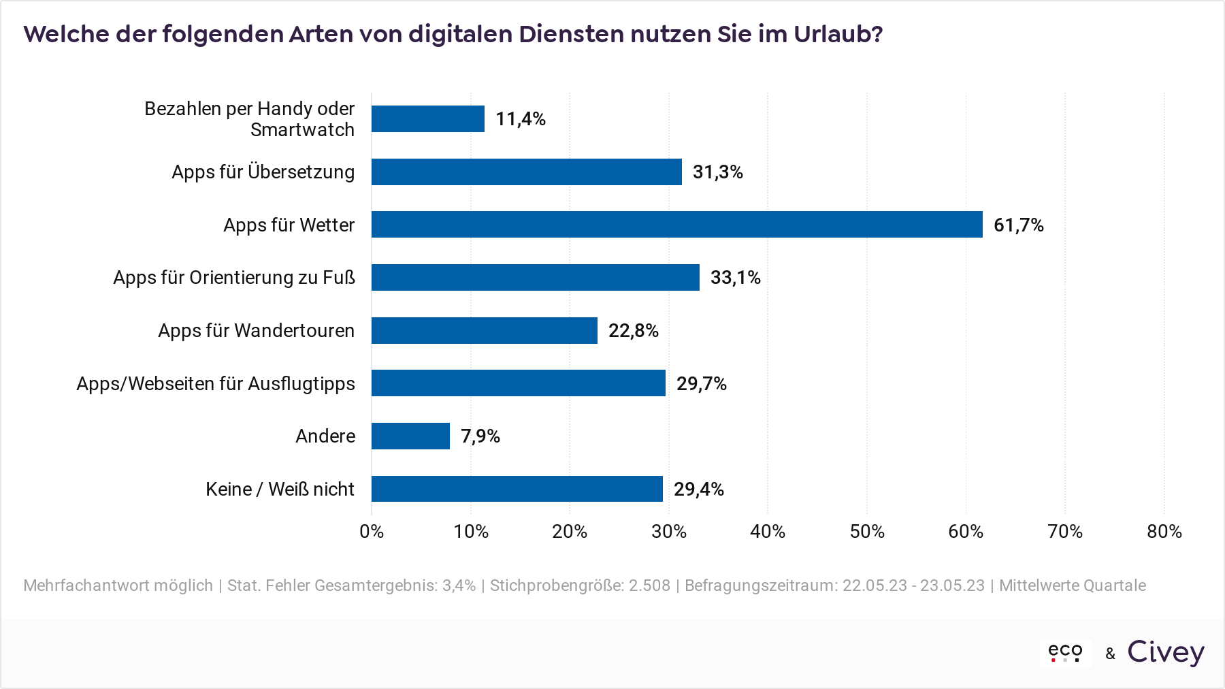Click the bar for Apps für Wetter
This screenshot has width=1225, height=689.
pos(677,225)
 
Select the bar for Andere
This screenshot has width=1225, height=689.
pos(410,436)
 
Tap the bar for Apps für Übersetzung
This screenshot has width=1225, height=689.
pos(526,172)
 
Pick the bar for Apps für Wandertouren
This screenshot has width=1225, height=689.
pos(484,331)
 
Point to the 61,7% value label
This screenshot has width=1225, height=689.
pos(1018,225)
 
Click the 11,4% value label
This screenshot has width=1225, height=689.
pos(521,119)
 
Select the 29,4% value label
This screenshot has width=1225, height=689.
pos(698,490)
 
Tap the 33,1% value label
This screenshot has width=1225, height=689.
pos(735,278)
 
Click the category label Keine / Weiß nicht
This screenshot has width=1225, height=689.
pos(280,490)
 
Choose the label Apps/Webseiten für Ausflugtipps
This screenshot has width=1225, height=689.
pos(216,384)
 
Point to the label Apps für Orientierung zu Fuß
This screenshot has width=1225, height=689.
pos(234,278)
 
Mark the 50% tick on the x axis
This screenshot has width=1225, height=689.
pos(867,532)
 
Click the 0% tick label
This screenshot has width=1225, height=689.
pos(372,532)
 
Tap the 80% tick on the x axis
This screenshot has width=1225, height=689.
pos(1164,532)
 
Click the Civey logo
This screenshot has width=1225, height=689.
pos(1166,652)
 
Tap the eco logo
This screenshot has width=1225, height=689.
pos(1065,652)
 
